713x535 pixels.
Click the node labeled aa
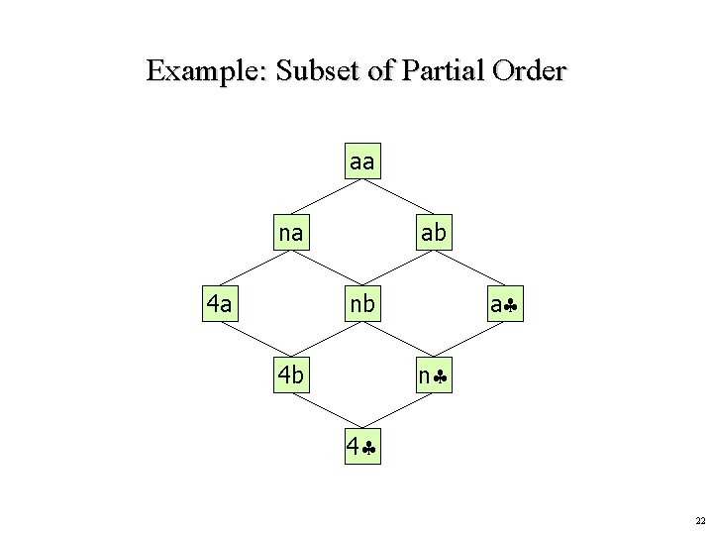(362, 160)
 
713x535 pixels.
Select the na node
(291, 233)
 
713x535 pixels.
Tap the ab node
(434, 233)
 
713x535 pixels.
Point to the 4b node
(291, 375)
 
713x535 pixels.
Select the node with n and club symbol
(435, 375)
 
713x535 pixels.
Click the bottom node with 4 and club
(362, 447)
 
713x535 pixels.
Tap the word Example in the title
(206, 71)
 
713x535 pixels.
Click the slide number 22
(699, 520)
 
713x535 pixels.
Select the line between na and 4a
(255, 268)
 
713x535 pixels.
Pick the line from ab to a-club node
(470, 268)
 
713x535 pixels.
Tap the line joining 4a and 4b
(255, 340)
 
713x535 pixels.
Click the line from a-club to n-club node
(470, 340)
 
